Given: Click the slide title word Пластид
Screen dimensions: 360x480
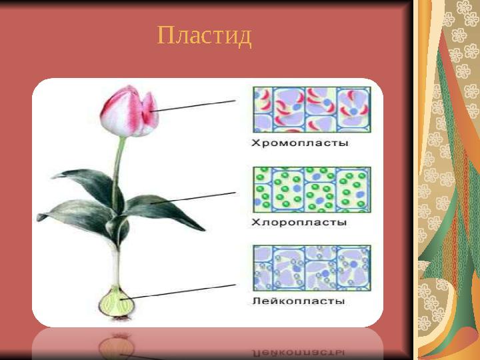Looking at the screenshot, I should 205,35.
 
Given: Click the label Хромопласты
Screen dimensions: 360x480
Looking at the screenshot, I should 300,143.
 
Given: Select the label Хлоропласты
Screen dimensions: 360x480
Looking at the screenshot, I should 299,223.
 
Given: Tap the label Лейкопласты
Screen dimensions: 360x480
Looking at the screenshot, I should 299,301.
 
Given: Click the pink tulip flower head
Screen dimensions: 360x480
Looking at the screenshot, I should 128,111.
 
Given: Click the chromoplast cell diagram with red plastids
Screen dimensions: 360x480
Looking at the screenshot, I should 311,110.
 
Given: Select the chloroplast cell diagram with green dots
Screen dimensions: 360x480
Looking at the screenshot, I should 311,190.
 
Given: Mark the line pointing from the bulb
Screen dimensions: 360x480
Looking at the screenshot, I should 183,291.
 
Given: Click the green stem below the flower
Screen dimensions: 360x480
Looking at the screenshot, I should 119,167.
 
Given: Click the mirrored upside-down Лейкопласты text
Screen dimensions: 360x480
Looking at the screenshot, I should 299,348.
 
